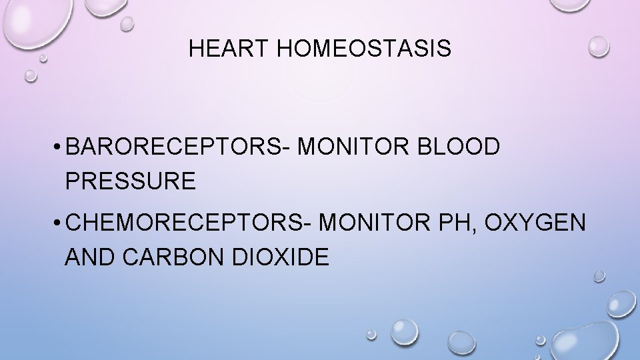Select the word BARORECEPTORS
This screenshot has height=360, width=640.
pyautogui.click(x=173, y=147)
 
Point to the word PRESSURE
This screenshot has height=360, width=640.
pyautogui.click(x=131, y=181)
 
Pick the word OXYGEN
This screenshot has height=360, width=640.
pyautogui.click(x=537, y=223)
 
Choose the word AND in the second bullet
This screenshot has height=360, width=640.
pyautogui.click(x=89, y=257)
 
